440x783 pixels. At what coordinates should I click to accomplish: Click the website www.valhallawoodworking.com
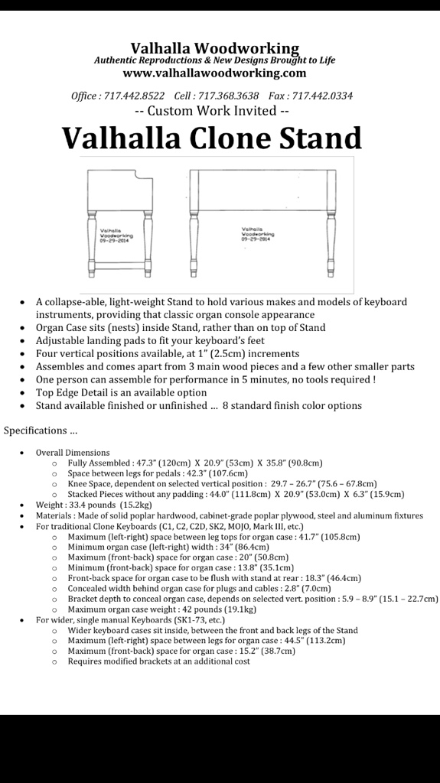tap(214, 73)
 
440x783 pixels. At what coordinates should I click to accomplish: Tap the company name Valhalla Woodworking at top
tap(214, 48)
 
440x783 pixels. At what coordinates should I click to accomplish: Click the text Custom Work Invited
tap(211, 111)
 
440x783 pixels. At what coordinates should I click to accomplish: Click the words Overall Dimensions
tap(73, 453)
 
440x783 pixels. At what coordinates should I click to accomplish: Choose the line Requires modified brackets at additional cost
tap(158, 661)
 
